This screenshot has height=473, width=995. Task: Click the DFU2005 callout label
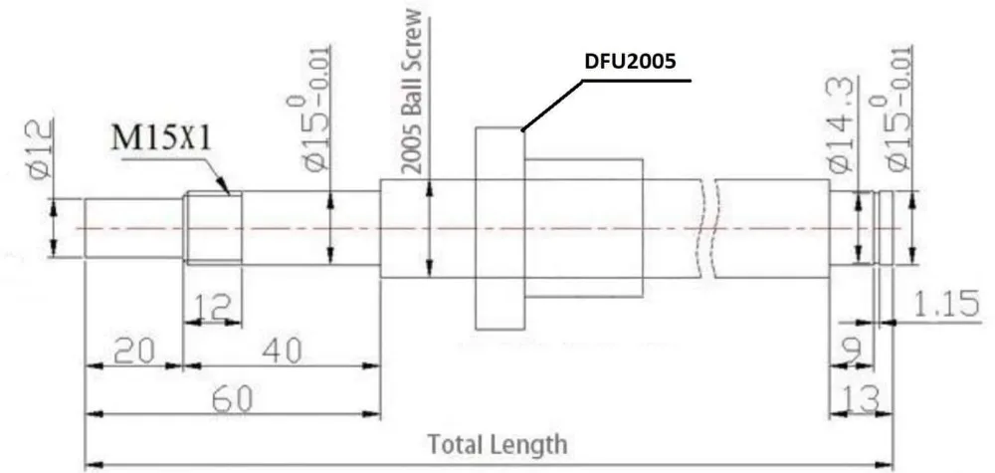[630, 62]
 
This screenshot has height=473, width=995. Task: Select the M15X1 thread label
[161, 139]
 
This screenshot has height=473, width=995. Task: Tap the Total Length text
[497, 444]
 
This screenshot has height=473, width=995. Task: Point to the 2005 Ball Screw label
[413, 92]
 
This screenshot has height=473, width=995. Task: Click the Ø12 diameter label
[40, 149]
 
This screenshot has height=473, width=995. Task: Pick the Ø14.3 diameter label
[842, 124]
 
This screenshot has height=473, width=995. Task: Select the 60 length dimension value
[232, 398]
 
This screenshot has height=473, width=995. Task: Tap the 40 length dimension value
[282, 351]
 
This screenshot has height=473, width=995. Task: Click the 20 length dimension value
[134, 351]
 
